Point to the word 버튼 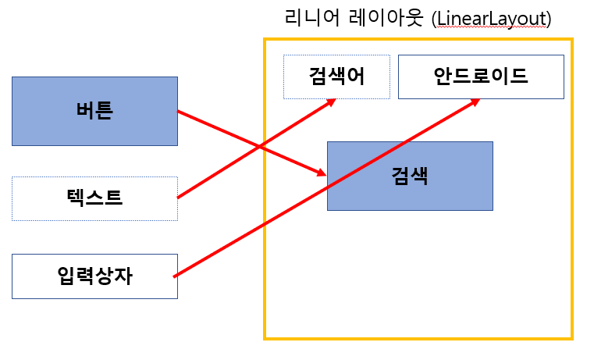pos(94,111)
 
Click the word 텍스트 pos(94,198)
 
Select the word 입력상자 pos(94,276)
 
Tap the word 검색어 pos(336,77)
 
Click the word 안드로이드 pos(481,77)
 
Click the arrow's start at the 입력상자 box pos(174,276)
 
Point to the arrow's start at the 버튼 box pos(179,112)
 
